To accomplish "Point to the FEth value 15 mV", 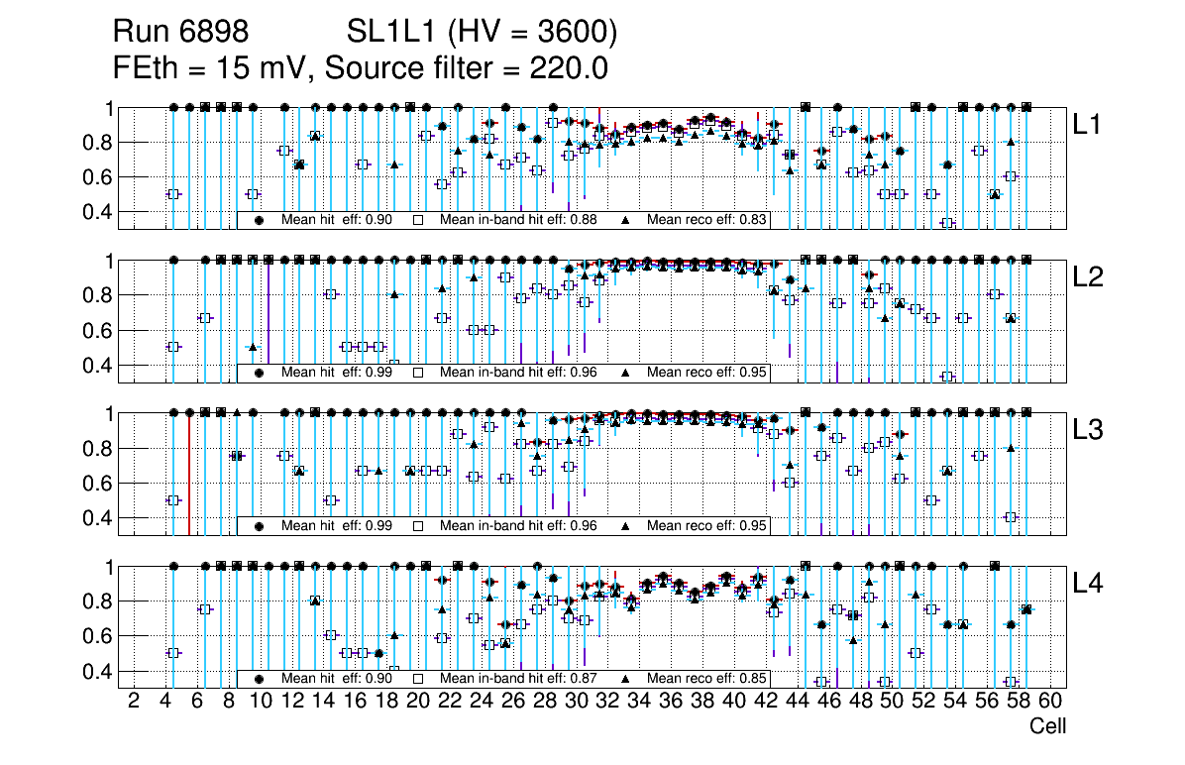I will (261, 69).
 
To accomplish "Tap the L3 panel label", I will (1087, 430).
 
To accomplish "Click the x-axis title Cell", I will (1047, 726).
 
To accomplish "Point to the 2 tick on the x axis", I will (134, 703).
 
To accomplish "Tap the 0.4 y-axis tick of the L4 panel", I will (101, 671).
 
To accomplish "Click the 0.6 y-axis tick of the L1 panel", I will (101, 177).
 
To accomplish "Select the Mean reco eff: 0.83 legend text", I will (705, 220).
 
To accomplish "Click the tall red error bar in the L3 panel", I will (189, 474).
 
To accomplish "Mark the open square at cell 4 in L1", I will (173, 194).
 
